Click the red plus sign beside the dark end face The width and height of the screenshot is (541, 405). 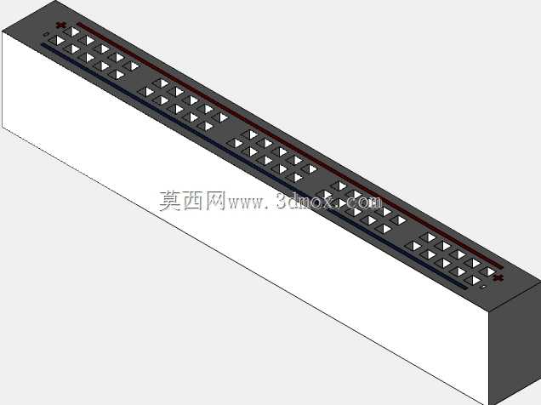(498, 277)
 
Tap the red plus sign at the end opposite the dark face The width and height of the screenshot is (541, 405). (61, 25)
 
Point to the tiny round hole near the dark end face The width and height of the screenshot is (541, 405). (484, 287)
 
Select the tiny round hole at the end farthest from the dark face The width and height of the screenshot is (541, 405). (46, 34)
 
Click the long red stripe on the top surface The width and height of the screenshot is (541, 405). (290, 145)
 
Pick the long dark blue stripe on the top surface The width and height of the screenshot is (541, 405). (253, 166)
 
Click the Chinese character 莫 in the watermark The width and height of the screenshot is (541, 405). (171, 201)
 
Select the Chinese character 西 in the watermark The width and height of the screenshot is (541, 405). (194, 201)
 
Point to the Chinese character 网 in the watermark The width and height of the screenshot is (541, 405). (216, 201)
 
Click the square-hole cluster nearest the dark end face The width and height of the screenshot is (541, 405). (451, 259)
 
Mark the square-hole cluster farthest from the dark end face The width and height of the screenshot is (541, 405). (94, 53)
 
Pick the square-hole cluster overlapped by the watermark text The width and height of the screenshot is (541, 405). (362, 207)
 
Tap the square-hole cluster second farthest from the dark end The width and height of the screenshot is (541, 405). (183, 105)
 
